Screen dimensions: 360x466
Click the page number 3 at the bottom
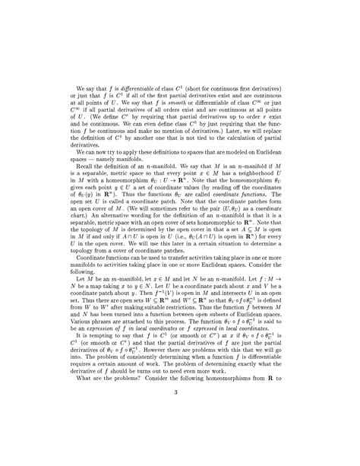(180, 434)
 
